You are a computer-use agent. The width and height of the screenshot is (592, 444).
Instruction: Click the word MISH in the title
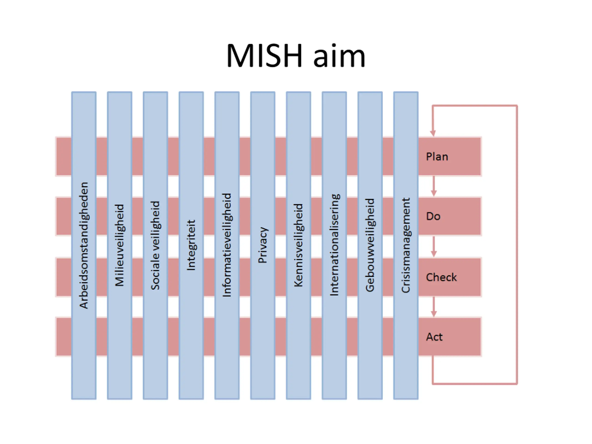(x=264, y=56)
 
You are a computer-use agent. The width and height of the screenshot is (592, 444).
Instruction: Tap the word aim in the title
(x=339, y=56)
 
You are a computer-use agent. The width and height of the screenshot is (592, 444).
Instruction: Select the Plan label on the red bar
(x=437, y=157)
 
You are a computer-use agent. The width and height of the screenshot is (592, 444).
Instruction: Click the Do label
(x=433, y=216)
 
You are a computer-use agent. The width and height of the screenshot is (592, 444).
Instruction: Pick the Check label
(x=441, y=277)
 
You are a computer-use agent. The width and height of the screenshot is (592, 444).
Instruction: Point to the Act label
(x=434, y=337)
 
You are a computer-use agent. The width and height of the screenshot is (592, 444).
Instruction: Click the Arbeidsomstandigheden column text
(x=84, y=245)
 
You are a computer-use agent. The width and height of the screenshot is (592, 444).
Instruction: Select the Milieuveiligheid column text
(x=120, y=245)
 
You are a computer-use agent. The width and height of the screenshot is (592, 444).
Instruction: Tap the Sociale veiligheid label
(x=155, y=245)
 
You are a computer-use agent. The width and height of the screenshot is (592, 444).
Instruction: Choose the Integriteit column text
(x=191, y=245)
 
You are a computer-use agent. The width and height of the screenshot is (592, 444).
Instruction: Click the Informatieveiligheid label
(x=227, y=245)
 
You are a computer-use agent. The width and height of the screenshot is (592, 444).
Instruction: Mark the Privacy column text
(x=263, y=245)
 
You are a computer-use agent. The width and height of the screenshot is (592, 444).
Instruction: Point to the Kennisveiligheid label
(x=298, y=245)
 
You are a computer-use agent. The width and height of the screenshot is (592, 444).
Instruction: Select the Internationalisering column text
(x=334, y=245)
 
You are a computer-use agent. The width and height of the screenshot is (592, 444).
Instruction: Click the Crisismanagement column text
(x=406, y=245)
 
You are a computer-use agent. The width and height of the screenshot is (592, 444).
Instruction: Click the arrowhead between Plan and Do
(x=434, y=193)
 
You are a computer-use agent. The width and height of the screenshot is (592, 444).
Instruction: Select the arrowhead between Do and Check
(x=434, y=254)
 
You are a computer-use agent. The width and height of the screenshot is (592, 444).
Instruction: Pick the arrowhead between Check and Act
(x=434, y=314)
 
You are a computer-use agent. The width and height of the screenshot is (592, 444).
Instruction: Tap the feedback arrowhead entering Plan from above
(x=433, y=133)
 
